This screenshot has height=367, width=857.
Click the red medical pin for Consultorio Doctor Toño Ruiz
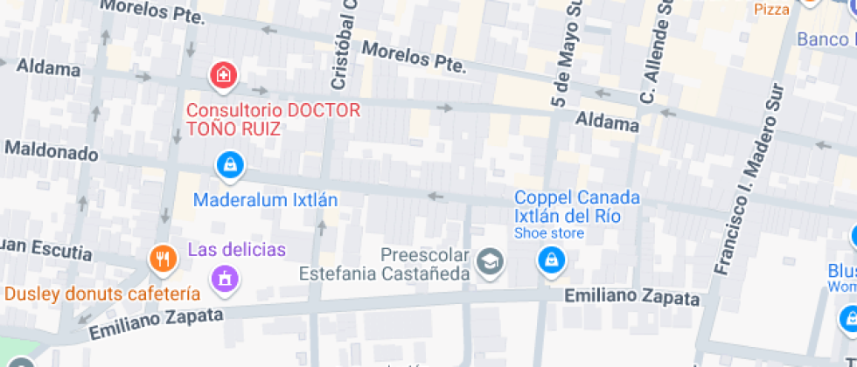tap(224, 75)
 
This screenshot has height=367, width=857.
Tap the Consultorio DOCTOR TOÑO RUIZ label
tap(273, 120)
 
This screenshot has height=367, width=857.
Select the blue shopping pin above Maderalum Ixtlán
tap(229, 163)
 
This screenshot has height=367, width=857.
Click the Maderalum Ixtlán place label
tap(265, 199)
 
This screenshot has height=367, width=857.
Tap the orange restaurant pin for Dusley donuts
tap(162, 258)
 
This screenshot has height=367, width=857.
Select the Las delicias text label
tap(236, 250)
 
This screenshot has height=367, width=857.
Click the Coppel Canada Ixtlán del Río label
tap(576, 206)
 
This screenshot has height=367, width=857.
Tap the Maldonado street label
tap(51, 151)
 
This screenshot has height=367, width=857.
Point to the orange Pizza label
tap(772, 9)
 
